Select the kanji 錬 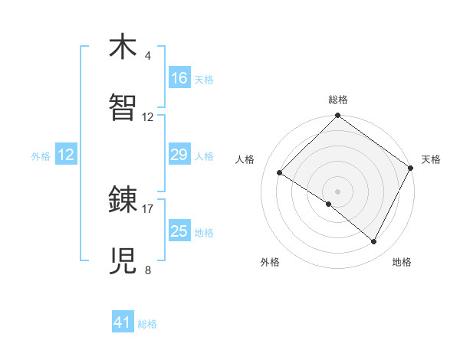tap(124, 201)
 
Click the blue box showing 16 tap(179, 78)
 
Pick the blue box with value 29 tap(179, 155)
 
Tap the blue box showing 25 tap(179, 231)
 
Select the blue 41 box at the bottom tap(123, 323)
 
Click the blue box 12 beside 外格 tap(66, 155)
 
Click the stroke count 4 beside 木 tap(148, 56)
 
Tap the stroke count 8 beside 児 tap(148, 270)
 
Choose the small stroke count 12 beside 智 tap(148, 117)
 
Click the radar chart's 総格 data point tap(337, 116)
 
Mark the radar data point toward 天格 tap(410, 169)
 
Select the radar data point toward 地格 tap(374, 241)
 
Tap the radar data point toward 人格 tap(280, 173)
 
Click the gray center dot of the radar tap(337, 191)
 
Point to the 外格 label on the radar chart tap(270, 263)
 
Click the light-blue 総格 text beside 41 tap(147, 325)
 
